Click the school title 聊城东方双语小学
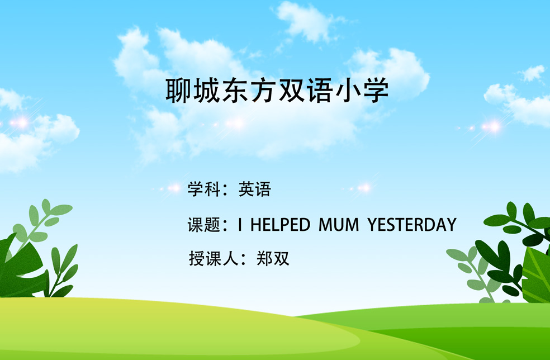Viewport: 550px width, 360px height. (277, 91)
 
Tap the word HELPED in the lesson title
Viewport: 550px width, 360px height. (280, 225)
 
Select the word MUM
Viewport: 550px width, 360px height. (339, 225)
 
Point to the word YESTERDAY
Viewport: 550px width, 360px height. (412, 225)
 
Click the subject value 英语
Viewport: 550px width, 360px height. (255, 189)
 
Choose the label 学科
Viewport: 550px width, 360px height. (204, 189)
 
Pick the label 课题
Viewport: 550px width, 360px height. (204, 225)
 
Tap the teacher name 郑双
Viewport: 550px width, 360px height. (273, 259)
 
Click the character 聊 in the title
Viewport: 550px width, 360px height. (178, 91)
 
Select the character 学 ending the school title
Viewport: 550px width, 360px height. (376, 91)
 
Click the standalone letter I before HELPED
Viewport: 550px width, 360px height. (240, 225)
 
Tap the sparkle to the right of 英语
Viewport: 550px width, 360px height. (364, 188)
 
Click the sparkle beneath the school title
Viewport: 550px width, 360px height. (235, 124)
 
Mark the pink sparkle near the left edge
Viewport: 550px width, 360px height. (22, 123)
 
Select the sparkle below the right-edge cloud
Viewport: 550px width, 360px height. (491, 127)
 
